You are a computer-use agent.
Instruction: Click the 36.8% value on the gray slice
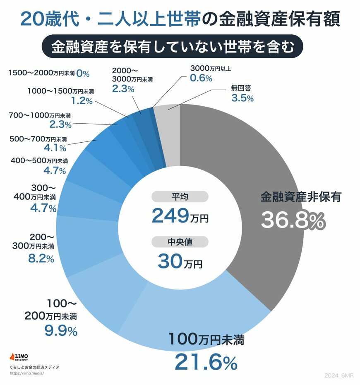click(x=293, y=221)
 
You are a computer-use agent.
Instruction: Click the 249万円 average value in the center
click(x=180, y=215)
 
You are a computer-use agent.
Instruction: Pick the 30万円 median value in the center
click(x=180, y=261)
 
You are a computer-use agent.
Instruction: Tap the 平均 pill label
click(x=180, y=197)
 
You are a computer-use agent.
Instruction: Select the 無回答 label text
click(x=242, y=88)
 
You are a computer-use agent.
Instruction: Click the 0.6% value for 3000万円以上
click(x=201, y=78)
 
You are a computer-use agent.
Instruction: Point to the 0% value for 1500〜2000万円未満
click(x=83, y=74)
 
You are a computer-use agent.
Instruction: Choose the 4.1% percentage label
click(x=55, y=147)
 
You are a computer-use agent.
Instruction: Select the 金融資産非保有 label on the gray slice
click(x=300, y=197)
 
